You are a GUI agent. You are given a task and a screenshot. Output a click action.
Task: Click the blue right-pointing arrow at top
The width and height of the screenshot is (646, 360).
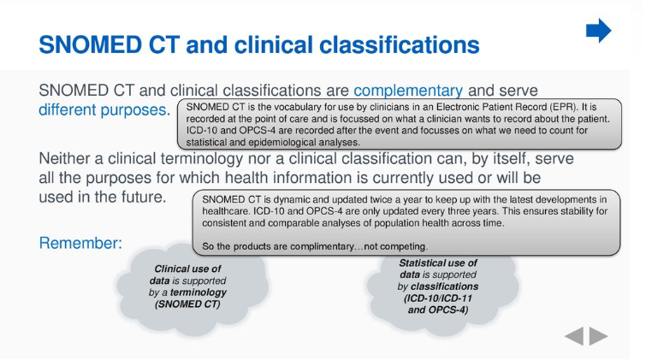[x=598, y=32]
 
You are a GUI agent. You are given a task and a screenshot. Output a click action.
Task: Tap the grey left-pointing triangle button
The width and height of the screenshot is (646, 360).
[x=574, y=337]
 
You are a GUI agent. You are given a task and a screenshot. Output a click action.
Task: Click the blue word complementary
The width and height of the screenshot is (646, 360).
[x=408, y=90]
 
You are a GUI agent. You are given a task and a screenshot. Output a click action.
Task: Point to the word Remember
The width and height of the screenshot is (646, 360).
[x=80, y=244]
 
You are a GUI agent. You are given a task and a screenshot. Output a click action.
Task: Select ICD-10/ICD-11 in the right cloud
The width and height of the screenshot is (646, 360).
[x=439, y=298]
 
